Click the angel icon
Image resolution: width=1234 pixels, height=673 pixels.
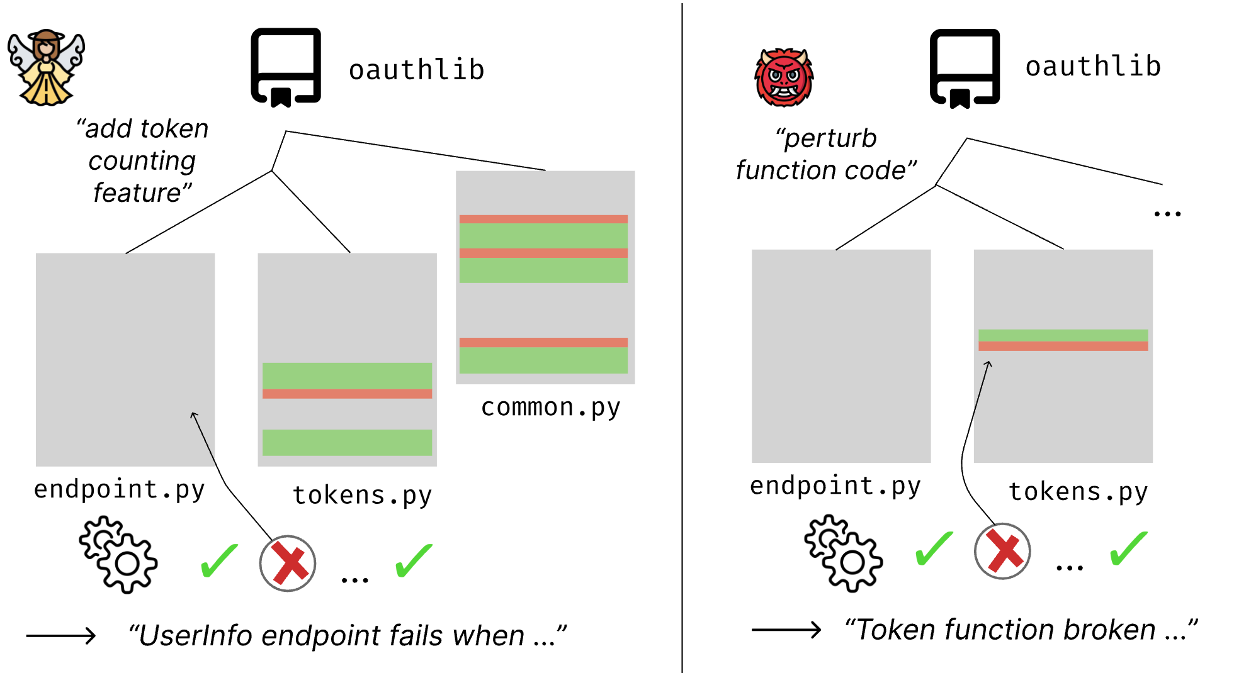click(46, 67)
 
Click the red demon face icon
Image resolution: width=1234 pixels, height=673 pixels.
click(784, 77)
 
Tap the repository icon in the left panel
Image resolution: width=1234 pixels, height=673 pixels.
click(286, 67)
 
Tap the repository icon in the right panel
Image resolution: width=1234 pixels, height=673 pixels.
click(965, 68)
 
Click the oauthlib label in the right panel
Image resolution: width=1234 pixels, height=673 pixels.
click(1093, 67)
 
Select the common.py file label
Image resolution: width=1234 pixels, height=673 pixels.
click(550, 408)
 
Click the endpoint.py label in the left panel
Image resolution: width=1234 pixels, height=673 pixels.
click(120, 489)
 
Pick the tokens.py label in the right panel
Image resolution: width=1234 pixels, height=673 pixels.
click(1078, 492)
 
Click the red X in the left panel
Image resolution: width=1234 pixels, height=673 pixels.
click(288, 564)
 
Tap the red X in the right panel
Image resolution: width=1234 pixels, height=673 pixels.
click(1002, 552)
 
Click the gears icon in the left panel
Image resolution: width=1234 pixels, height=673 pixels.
click(118, 554)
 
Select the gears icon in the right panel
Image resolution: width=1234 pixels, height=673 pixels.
click(843, 553)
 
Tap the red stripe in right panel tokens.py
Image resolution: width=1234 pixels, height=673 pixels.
click(1063, 347)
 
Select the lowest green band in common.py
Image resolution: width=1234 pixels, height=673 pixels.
click(543, 360)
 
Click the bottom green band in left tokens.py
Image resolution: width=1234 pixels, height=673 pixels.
click(347, 442)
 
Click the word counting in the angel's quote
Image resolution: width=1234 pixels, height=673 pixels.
click(142, 161)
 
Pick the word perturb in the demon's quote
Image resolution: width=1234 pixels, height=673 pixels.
click(830, 138)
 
